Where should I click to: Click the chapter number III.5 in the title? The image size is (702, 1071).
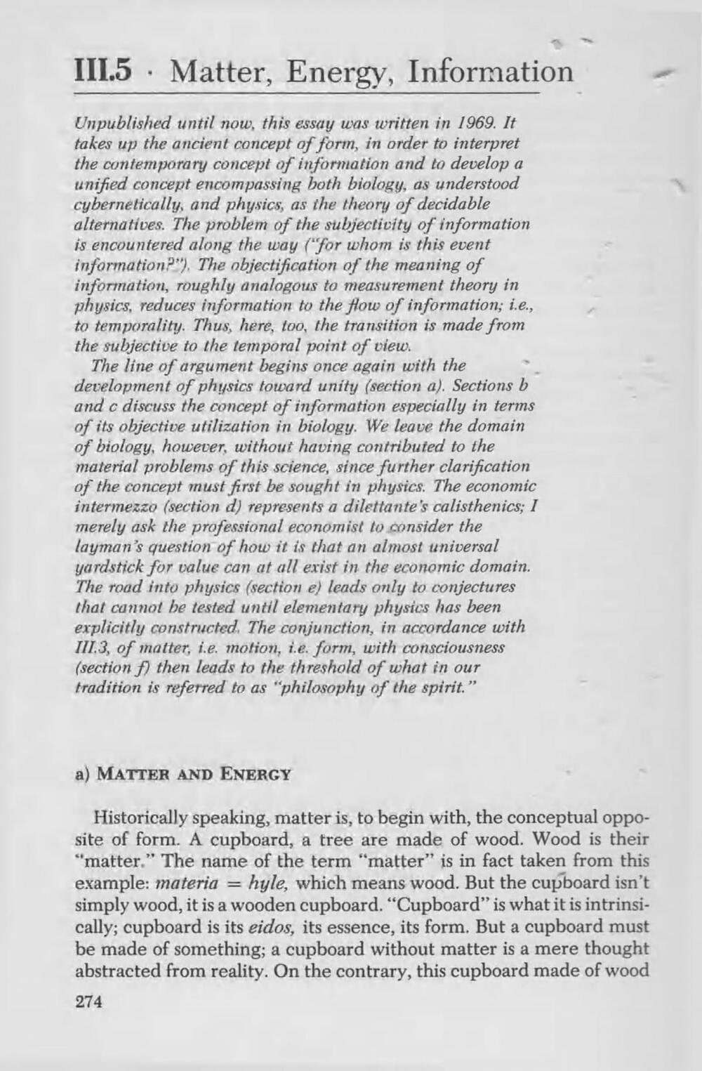[105, 72]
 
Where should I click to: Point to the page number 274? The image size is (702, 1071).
[88, 1001]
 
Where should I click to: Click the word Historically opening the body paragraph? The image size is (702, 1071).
[138, 818]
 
